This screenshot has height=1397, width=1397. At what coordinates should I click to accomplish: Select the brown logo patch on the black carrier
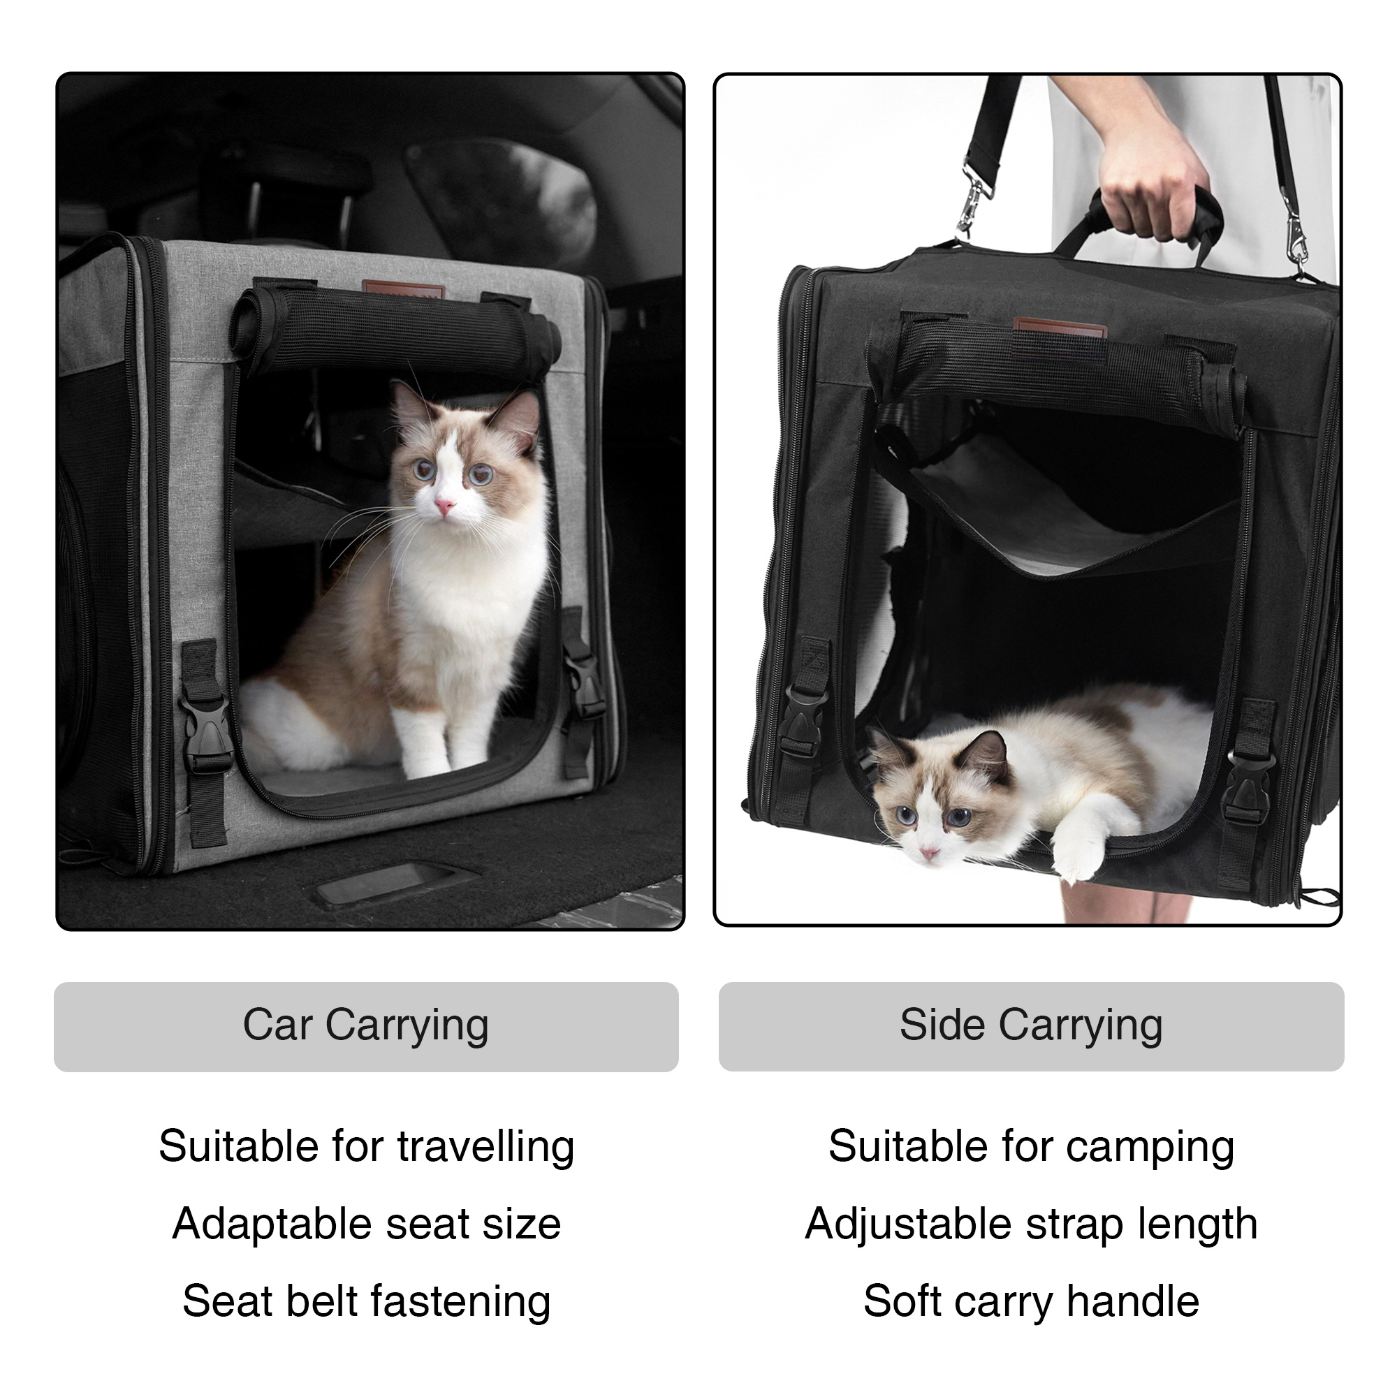coord(1060,330)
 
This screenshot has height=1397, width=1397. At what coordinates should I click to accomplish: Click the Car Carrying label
coord(366,1025)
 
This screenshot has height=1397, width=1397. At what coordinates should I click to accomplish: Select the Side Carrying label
coord(1030,1025)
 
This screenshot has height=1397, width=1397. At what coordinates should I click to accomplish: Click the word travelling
coord(485,1147)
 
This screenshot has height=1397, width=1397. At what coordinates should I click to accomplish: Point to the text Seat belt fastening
coord(366,1301)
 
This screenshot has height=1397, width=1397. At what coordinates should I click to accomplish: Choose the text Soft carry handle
coord(1030,1301)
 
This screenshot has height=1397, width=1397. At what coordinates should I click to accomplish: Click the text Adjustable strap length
coord(1030,1224)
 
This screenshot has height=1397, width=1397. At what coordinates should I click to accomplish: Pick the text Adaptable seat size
coord(366,1224)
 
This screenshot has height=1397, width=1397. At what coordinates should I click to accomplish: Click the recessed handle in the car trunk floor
coord(387,886)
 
